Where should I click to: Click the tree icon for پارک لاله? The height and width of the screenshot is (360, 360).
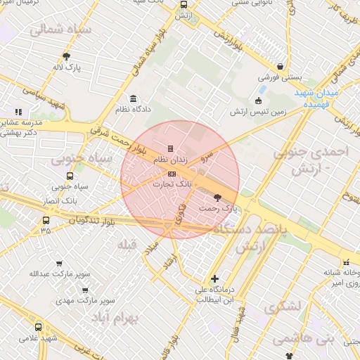(67, 56)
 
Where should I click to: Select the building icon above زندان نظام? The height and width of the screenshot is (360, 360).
(170, 148)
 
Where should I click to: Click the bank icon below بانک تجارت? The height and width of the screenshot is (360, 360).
(172, 173)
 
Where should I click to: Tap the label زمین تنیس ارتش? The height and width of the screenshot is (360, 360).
(258, 112)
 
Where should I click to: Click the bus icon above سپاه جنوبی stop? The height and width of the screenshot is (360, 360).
(70, 176)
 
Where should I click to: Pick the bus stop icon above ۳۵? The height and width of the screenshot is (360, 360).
(46, 219)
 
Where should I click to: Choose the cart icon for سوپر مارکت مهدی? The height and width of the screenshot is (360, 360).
(84, 289)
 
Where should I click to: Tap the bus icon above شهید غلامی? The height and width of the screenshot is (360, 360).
(38, 327)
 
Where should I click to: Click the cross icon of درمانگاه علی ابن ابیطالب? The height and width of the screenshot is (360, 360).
(214, 278)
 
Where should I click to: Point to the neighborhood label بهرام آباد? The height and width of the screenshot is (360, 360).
(116, 317)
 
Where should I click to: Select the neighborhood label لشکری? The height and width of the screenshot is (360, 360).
(283, 307)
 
